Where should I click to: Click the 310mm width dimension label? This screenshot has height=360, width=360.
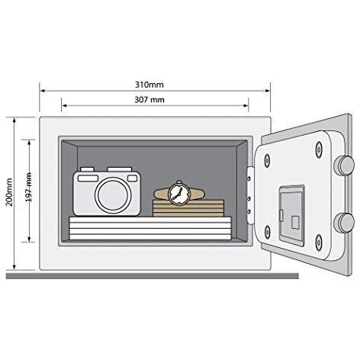coord(149,85)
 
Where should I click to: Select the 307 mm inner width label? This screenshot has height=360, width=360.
coord(149,100)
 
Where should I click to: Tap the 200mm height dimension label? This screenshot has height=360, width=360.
coord(9,192)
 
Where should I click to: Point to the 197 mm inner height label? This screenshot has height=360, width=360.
coord(29,187)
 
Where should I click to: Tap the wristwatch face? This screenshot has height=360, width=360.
coord(179,194)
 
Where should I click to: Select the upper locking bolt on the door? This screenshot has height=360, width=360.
coord(344,166)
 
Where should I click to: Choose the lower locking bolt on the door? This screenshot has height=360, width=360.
coord(344,223)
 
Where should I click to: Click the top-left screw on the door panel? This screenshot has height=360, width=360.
coord(267,160)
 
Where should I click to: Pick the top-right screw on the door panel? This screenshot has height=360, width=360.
coord(319,149)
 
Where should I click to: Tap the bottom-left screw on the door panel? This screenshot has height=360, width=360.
coord(267,232)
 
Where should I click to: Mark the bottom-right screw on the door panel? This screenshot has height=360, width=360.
coord(319,243)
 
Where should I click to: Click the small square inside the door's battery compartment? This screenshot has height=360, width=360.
coord(295,223)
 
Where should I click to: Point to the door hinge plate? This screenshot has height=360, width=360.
coord(250,195)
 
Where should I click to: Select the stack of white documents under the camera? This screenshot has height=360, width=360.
coord(150,228)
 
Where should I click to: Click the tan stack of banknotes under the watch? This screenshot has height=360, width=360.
coord(188,208)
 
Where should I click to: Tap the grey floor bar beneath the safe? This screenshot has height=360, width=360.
coord(153,276)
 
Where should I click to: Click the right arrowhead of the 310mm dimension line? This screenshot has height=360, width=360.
coord(268,91)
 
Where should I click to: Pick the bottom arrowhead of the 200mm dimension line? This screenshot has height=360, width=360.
coord(14,267)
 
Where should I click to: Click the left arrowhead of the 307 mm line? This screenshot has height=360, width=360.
coord(64,105)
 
